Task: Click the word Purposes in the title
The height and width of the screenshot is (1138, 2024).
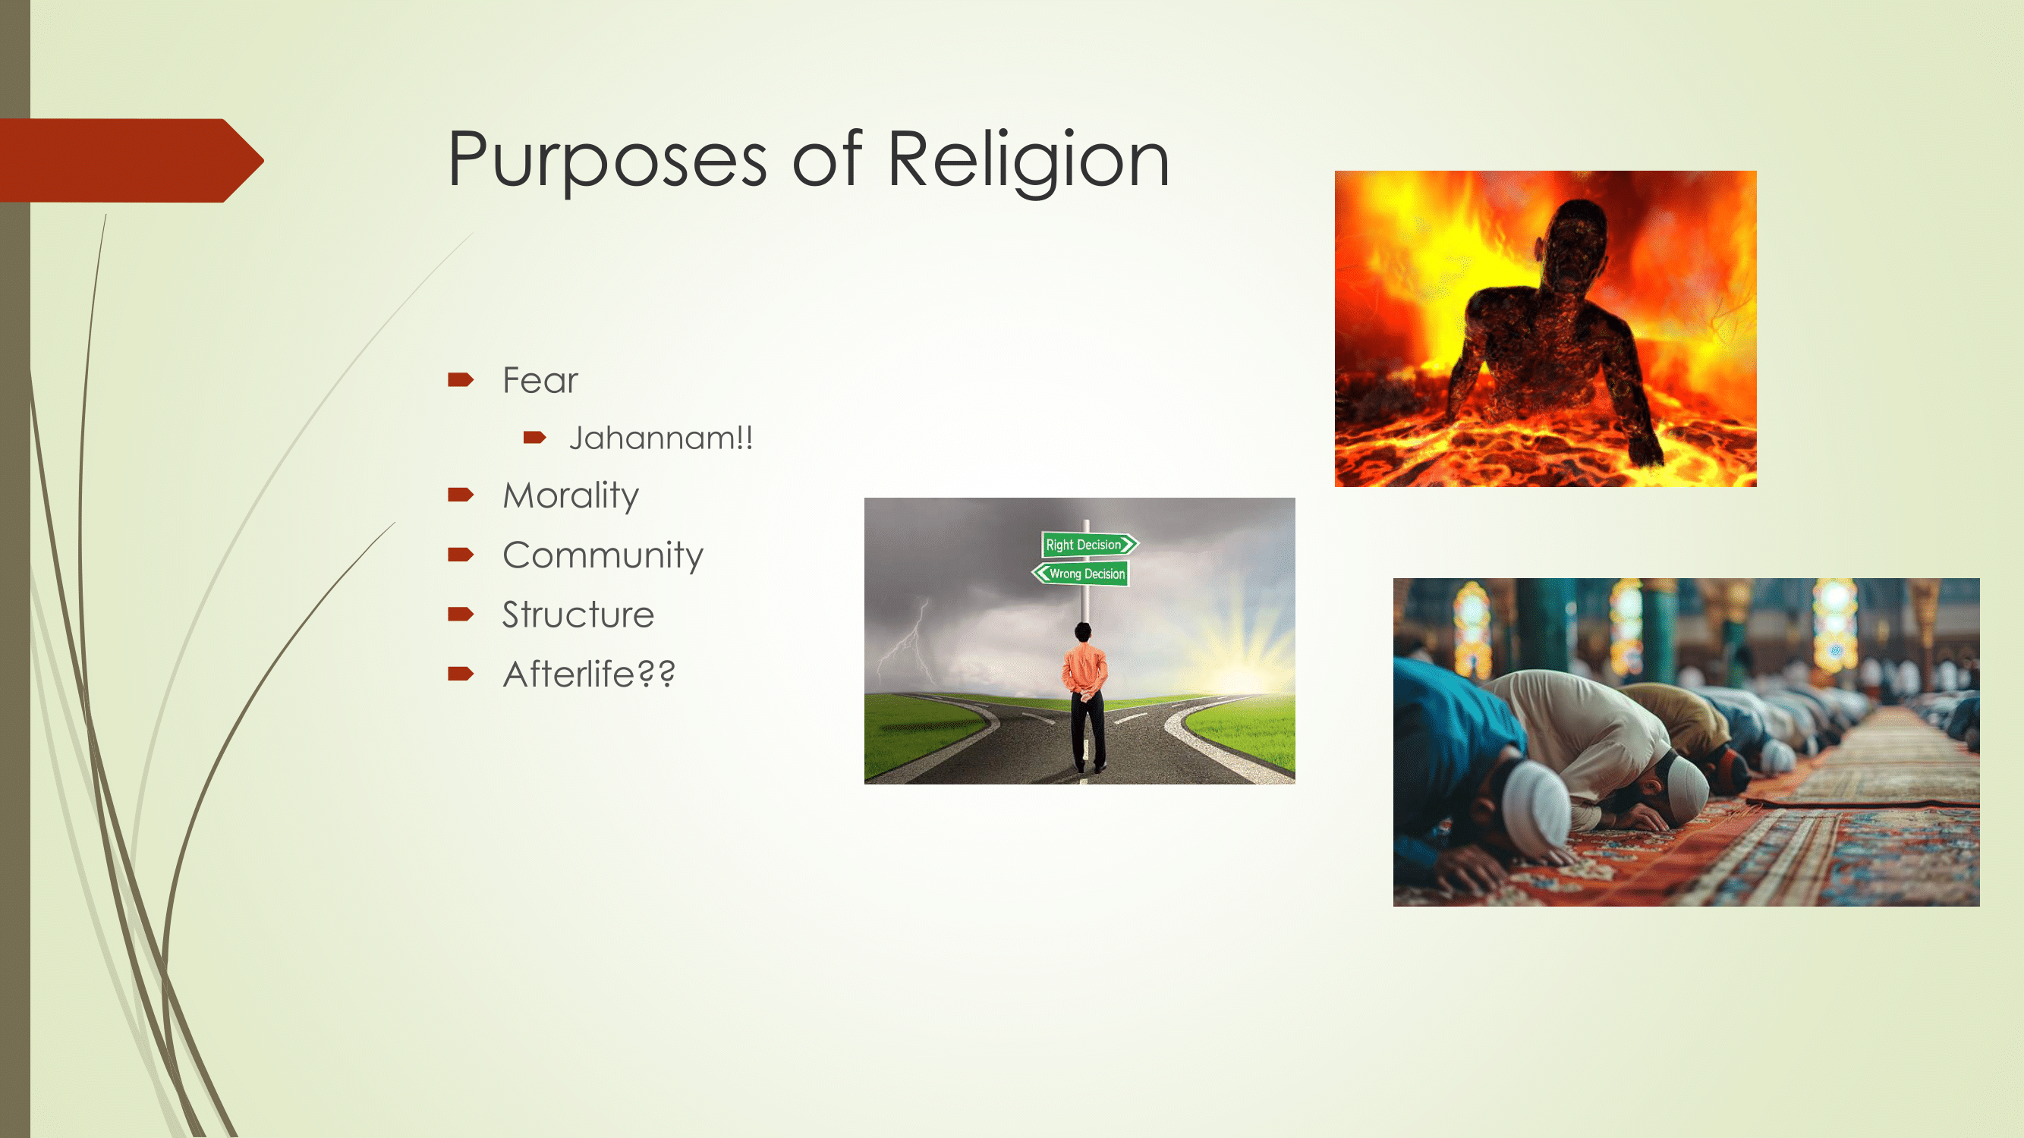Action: [x=607, y=160]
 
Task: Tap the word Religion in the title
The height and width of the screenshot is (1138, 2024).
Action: [x=1028, y=160]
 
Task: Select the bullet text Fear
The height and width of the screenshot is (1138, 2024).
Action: [x=540, y=381]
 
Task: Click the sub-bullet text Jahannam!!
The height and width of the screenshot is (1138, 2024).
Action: [x=661, y=439]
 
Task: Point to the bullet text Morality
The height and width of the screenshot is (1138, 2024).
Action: [x=571, y=496]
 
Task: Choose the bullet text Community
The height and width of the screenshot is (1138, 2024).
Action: [x=603, y=556]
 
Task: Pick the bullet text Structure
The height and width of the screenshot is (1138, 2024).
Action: [x=578, y=615]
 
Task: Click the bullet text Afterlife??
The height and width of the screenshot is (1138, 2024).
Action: [x=588, y=674]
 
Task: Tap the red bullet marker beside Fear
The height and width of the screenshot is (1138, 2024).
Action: [x=461, y=381]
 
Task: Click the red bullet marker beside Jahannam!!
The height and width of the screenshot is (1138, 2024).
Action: [x=534, y=438]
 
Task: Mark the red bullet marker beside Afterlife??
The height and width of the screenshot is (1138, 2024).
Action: [x=461, y=674]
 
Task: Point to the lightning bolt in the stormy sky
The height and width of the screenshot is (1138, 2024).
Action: [x=908, y=640]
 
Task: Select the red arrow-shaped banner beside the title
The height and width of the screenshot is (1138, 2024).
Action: [x=131, y=161]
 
